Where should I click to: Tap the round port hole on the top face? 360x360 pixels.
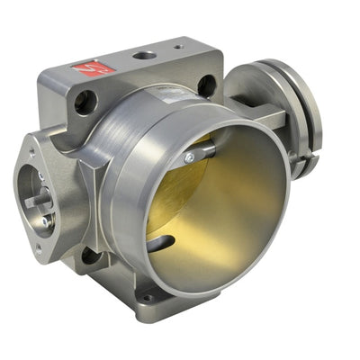(x=143, y=56)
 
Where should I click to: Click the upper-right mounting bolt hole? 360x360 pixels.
(x=207, y=85)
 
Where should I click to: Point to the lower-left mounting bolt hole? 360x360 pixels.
(x=91, y=256)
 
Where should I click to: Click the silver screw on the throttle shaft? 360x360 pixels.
(x=188, y=157)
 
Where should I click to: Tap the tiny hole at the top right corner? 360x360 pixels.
(x=178, y=47)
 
